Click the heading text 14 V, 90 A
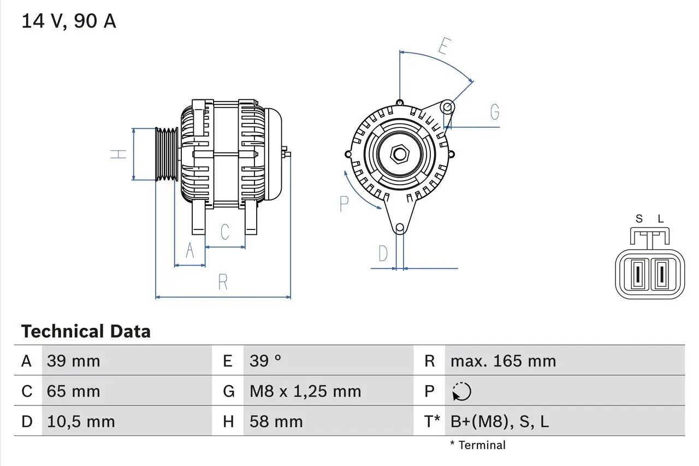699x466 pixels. [68, 21]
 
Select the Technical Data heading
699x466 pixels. [86, 332]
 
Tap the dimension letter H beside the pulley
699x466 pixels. [118, 155]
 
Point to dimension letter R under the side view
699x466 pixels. [223, 282]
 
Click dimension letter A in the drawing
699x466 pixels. [190, 250]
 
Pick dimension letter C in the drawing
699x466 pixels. [224, 232]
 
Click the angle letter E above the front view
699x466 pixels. [443, 47]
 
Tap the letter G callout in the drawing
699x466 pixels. [495, 112]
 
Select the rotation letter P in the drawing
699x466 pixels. [343, 204]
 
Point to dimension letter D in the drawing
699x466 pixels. [383, 253]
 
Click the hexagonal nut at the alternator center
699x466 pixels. [400, 154]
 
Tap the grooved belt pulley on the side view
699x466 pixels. [167, 155]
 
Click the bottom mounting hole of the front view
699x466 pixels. [400, 228]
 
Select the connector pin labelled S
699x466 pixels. [637, 275]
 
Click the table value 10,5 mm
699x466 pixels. [81, 421]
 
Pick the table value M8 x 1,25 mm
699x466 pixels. [305, 391]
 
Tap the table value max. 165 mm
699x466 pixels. [503, 361]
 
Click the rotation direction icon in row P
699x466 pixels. [461, 391]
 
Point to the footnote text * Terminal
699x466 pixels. [478, 445]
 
